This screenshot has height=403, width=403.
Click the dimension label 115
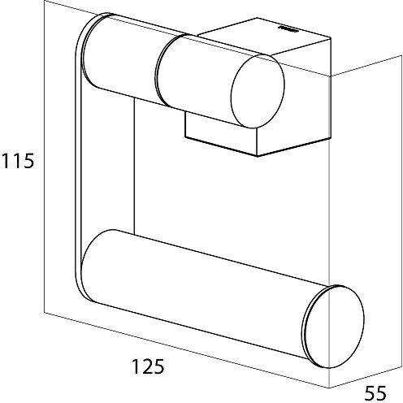pyautogui.click(x=18, y=161)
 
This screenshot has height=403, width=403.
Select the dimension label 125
pyautogui.click(x=148, y=366)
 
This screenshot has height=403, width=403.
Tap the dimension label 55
pyautogui.click(x=375, y=393)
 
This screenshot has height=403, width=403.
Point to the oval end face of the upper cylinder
pyautogui.click(x=258, y=91)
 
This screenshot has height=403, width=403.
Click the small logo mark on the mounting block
pyautogui.click(x=288, y=28)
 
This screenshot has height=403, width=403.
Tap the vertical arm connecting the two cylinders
pyautogui.click(x=78, y=162)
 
